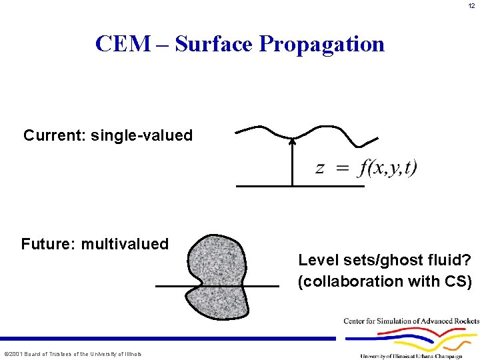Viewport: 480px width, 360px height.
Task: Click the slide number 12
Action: coord(471,6)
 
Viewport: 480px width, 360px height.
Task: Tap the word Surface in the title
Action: coord(214,44)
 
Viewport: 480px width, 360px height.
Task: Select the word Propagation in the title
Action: coord(322,44)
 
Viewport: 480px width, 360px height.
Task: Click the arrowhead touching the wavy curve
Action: coord(292,141)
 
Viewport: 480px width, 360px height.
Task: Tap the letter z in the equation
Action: coord(320,167)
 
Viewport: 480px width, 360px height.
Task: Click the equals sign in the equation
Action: coord(342,168)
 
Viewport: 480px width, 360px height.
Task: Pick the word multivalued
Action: coord(125,244)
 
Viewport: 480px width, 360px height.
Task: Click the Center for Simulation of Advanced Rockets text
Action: coord(411,321)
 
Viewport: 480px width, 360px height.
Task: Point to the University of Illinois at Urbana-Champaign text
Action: coord(411,356)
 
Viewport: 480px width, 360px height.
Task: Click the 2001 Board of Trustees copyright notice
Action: coord(73,354)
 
